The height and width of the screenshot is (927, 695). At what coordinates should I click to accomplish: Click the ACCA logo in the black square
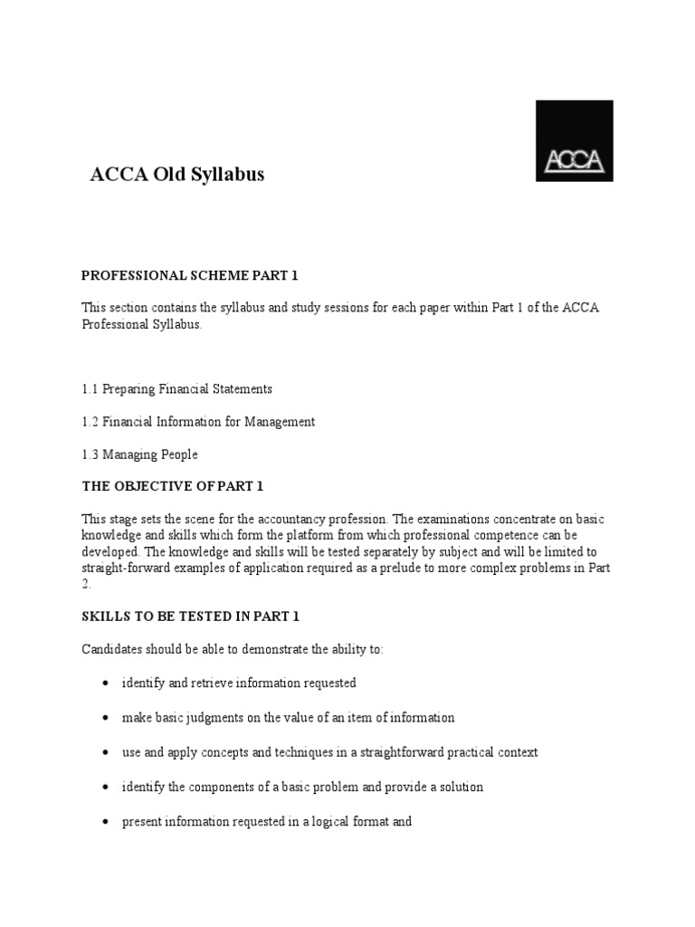(574, 141)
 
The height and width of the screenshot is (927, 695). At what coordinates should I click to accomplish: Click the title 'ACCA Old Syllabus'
(177, 175)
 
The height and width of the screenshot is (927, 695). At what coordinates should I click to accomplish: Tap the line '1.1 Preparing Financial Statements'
(176, 388)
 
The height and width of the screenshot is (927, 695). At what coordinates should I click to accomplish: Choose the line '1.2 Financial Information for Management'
(198, 422)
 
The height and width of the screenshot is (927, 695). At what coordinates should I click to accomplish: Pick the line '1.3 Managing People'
(139, 454)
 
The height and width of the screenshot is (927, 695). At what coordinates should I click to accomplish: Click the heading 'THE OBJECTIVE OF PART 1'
(172, 486)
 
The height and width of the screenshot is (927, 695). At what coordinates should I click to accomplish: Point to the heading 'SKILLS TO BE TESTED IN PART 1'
(190, 616)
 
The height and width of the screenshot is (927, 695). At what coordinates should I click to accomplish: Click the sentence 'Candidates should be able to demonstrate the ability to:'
(233, 649)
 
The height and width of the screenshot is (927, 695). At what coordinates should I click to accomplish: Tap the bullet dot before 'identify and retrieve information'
(107, 683)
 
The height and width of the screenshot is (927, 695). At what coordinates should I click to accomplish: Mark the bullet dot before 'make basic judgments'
(107, 718)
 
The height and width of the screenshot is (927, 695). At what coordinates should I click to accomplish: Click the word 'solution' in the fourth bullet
(460, 788)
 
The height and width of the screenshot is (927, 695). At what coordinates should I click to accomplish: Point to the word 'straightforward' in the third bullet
(393, 753)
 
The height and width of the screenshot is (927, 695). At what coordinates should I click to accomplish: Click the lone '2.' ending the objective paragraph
(87, 584)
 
